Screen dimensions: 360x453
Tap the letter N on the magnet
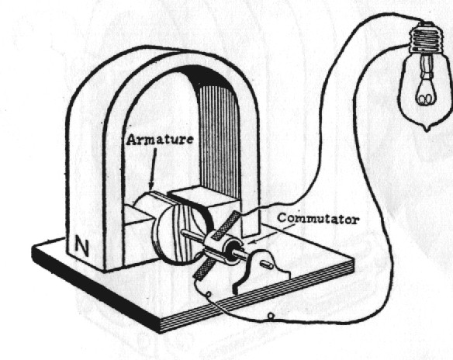tap(80, 247)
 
